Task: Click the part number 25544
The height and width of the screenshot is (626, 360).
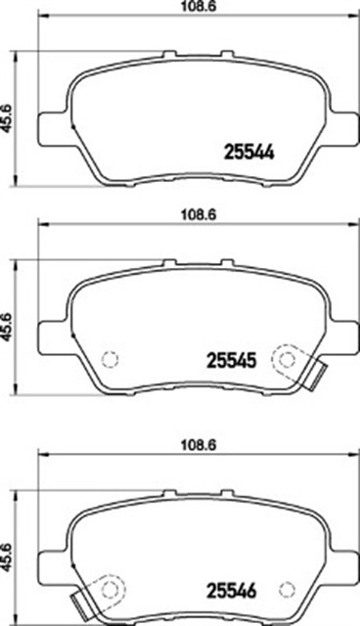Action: pyautogui.click(x=249, y=153)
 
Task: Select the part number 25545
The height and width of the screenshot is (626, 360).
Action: pyautogui.click(x=231, y=361)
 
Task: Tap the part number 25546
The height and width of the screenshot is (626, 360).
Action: pyautogui.click(x=231, y=591)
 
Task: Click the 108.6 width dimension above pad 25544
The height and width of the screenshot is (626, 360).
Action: pyautogui.click(x=199, y=7)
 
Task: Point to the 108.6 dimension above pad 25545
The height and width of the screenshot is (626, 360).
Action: pyautogui.click(x=199, y=215)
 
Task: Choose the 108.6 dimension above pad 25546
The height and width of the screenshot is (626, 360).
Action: pyautogui.click(x=199, y=445)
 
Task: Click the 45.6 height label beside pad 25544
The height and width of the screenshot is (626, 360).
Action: pyautogui.click(x=8, y=119)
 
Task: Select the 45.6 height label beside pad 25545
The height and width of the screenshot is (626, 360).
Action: pyautogui.click(x=8, y=328)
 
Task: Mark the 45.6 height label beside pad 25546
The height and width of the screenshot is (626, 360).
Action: pyautogui.click(x=8, y=558)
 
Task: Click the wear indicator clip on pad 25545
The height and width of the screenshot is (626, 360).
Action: pyautogui.click(x=314, y=377)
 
